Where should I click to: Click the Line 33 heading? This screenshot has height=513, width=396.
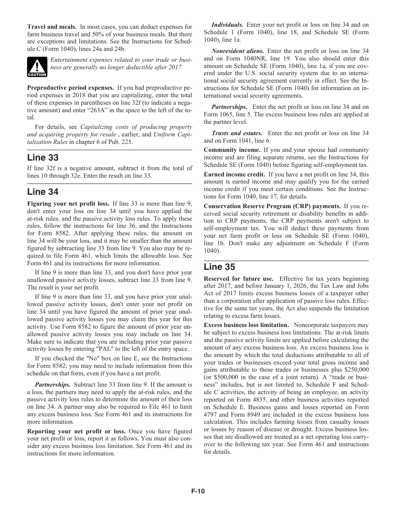point(43,158)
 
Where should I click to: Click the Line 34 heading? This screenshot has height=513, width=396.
point(43,192)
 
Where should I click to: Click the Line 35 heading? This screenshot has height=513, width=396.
point(219,267)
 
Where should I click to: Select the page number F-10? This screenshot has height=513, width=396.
point(198,491)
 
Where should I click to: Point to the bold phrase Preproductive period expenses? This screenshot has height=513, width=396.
point(70,88)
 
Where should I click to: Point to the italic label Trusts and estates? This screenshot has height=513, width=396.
point(237,133)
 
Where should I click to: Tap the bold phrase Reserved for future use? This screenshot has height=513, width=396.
point(239,279)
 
